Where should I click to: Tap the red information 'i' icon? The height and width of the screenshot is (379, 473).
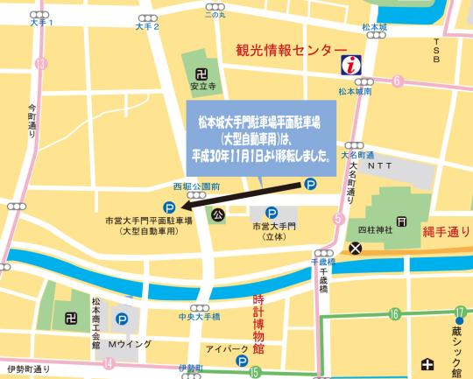(351, 64)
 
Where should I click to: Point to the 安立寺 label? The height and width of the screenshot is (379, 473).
(202, 87)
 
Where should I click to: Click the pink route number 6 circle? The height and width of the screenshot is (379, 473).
(397, 82)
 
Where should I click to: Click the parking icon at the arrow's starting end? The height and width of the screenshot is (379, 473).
(309, 184)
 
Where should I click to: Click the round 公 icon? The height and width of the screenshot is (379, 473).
(217, 213)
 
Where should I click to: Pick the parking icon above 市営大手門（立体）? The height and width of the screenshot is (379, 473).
(272, 211)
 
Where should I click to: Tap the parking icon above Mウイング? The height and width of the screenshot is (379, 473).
(122, 319)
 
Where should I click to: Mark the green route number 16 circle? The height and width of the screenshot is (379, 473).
(395, 313)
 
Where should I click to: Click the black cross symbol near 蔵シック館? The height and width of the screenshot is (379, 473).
(427, 364)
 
